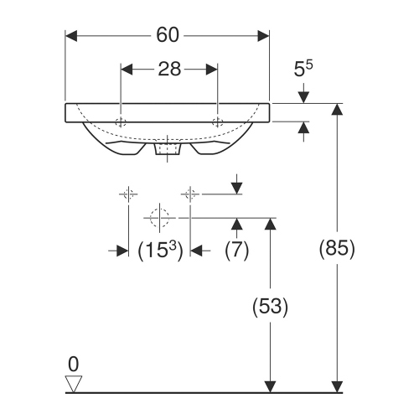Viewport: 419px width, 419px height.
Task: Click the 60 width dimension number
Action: (168, 35)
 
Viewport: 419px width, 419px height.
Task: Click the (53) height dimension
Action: (270, 307)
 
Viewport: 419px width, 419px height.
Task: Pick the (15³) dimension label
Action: (159, 250)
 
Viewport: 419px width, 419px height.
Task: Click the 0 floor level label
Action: (73, 364)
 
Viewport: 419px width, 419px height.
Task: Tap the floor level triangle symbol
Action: (74, 384)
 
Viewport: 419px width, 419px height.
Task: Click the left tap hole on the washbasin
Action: (122, 121)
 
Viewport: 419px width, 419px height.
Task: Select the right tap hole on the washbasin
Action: (218, 121)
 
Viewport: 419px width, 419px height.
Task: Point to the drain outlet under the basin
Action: (170, 151)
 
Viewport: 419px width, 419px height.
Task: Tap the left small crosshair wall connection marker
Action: (127, 194)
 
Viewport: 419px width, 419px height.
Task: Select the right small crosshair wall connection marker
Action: (190, 194)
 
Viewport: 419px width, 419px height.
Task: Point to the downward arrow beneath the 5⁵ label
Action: (303, 96)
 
